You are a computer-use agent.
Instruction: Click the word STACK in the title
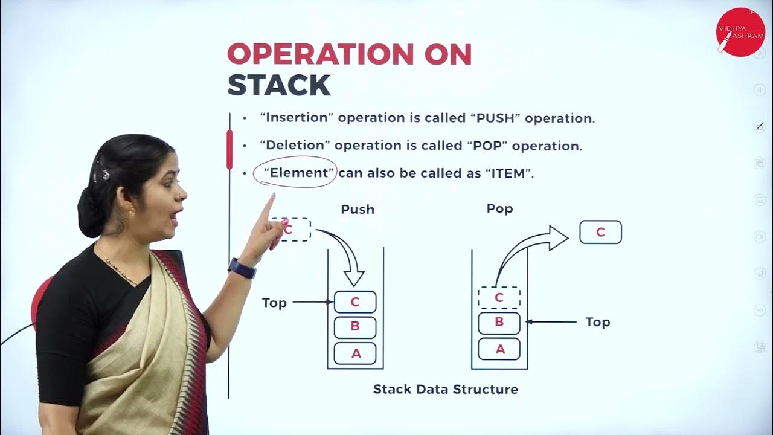click(278, 85)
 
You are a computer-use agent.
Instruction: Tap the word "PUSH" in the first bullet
click(495, 118)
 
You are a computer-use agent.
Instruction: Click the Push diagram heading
click(358, 210)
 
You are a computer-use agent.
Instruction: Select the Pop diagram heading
click(499, 208)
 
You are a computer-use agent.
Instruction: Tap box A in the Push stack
click(355, 353)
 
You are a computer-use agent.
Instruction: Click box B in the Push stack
click(355, 327)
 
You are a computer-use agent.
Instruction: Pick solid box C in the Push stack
click(355, 301)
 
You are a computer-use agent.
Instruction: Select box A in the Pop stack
click(499, 349)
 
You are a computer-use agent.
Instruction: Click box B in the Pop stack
click(499, 322)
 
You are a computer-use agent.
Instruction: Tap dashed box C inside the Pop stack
click(499, 297)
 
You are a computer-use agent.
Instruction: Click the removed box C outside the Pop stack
click(600, 233)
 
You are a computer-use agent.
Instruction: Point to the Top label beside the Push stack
click(274, 303)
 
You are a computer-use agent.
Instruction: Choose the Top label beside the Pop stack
click(598, 322)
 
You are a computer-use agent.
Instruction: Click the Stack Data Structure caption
click(446, 390)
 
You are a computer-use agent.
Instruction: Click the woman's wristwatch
click(243, 268)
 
